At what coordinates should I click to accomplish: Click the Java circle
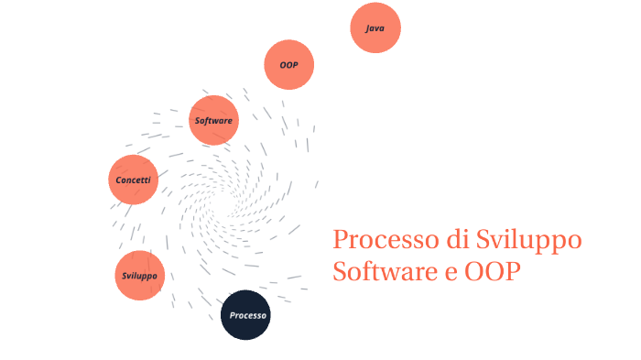375,28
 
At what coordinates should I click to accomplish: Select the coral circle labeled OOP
289,65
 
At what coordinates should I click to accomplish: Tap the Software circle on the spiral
213,120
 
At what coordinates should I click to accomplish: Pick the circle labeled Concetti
134,180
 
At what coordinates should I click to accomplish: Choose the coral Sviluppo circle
140,276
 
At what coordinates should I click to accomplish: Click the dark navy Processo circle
247,315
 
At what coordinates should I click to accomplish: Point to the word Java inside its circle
375,28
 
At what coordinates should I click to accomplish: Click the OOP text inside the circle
289,65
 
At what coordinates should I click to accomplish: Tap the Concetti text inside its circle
134,180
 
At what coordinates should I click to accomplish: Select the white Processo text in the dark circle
248,315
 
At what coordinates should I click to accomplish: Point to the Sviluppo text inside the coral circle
140,276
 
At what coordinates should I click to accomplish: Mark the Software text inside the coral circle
213,120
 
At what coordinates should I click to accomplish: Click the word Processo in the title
377,241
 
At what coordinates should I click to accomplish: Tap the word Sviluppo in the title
529,242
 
